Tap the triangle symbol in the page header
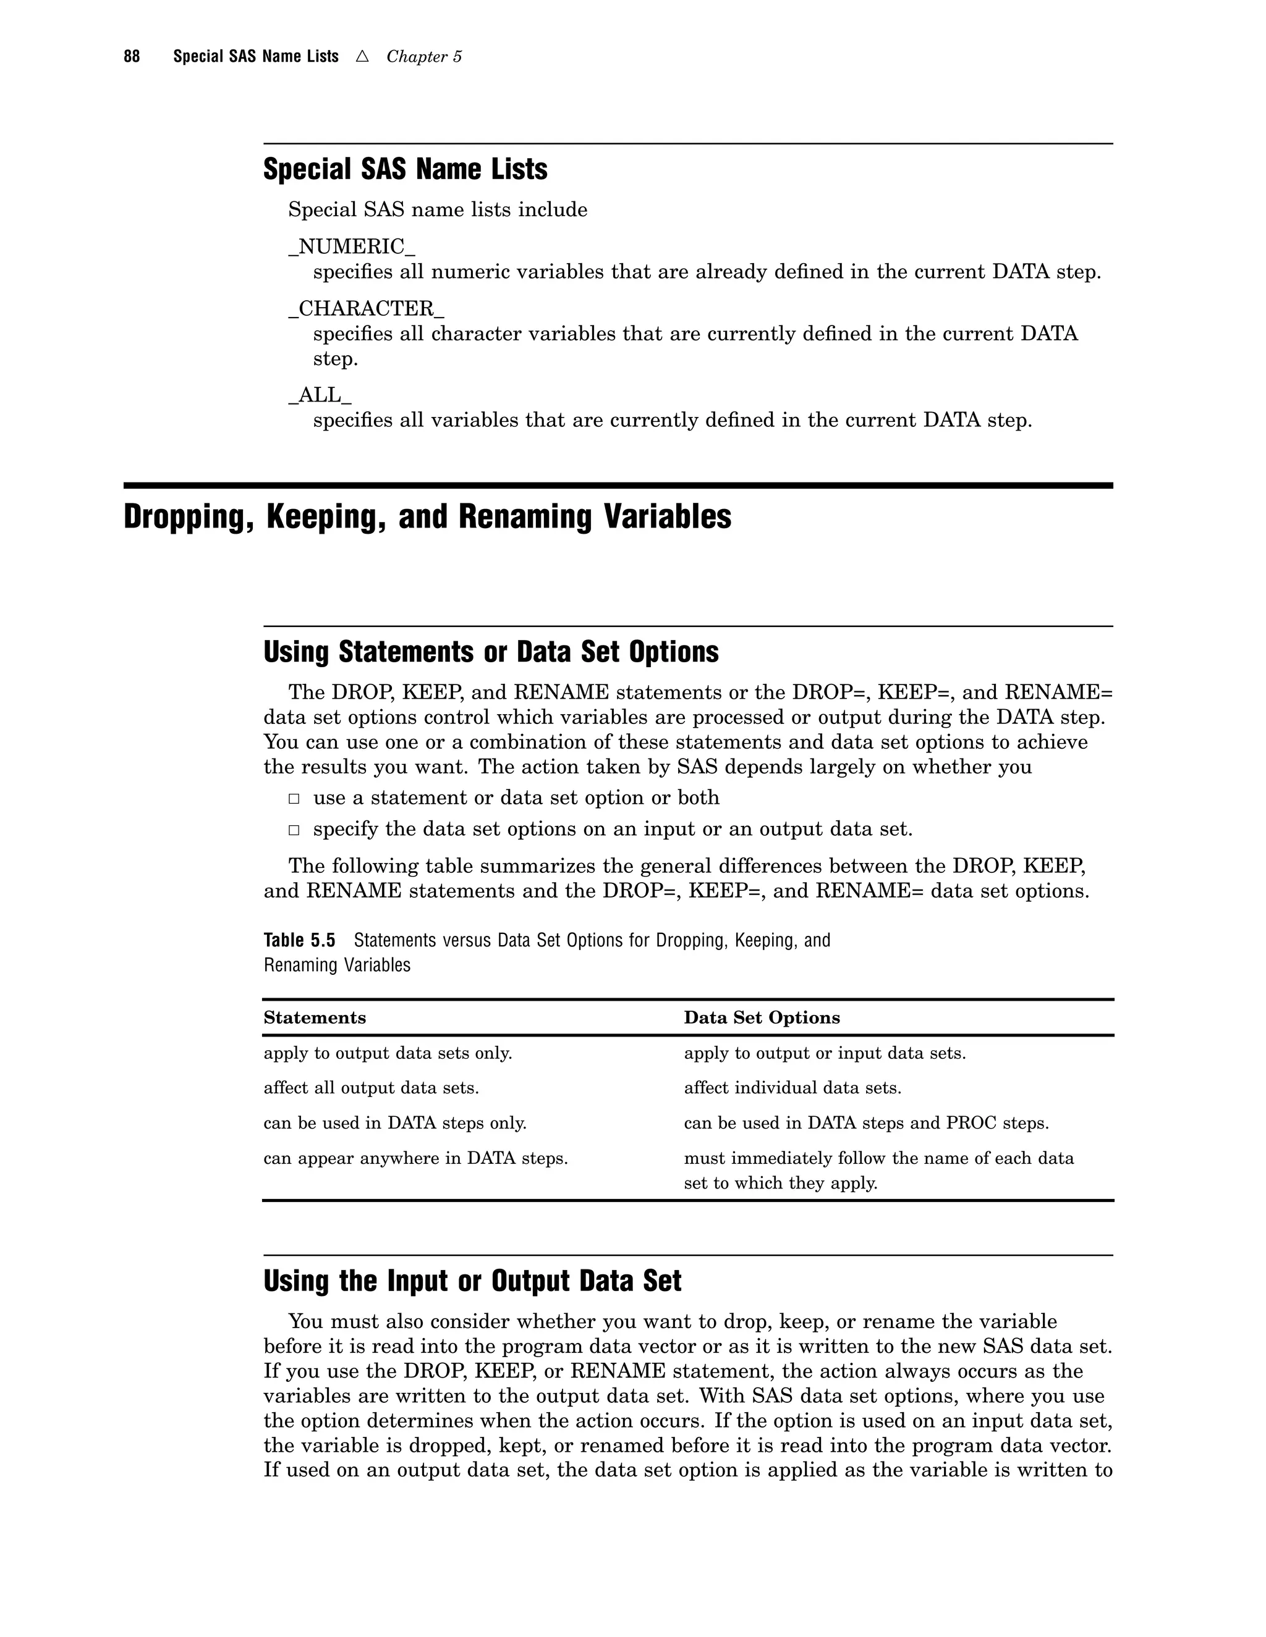[x=362, y=56]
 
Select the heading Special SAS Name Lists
[x=405, y=169]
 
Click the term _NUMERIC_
[x=351, y=246]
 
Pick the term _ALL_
[x=320, y=395]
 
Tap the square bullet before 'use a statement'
[x=294, y=799]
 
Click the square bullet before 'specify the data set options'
[x=294, y=830]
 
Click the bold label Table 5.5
[x=299, y=940]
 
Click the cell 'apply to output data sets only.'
[x=388, y=1053]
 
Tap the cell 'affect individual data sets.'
[x=792, y=1088]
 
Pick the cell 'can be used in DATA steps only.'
[x=394, y=1123]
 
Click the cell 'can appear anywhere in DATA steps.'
[x=415, y=1158]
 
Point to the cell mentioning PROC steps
[x=865, y=1123]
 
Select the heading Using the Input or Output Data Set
[x=472, y=1281]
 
